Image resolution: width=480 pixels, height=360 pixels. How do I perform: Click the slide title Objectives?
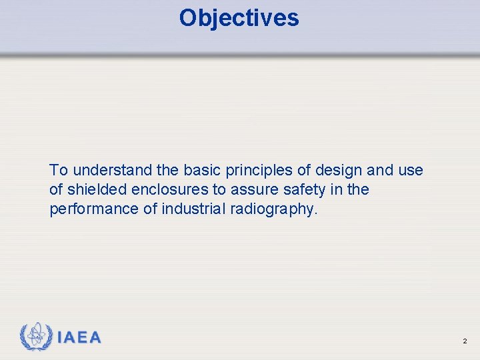coord(239,18)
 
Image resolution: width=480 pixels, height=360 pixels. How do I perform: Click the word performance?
coord(94,209)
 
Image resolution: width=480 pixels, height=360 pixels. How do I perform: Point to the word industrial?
coord(193,209)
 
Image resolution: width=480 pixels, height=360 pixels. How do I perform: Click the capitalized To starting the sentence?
coord(57,170)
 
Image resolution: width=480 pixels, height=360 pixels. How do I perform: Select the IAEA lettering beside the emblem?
coord(79,338)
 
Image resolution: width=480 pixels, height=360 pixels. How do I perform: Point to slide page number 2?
coord(465,341)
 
